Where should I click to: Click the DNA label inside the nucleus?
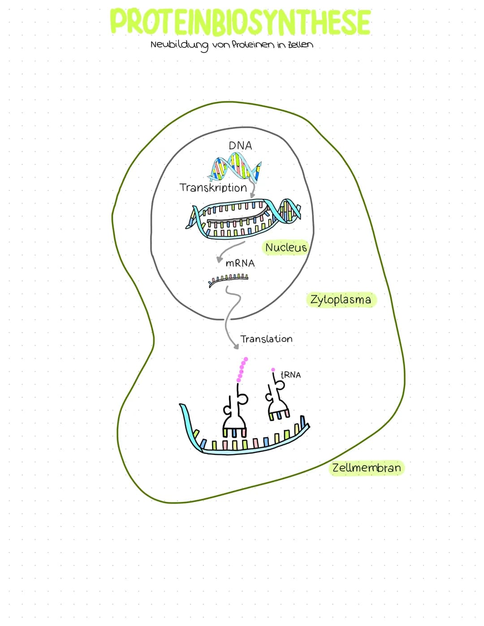[240, 146]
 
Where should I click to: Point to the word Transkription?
[213, 187]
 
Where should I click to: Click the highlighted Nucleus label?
[286, 247]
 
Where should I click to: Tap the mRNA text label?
[240, 263]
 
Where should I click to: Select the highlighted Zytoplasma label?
[341, 299]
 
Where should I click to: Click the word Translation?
[266, 339]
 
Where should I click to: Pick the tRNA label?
[290, 375]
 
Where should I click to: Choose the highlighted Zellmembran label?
[366, 468]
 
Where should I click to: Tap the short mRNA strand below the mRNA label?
[228, 279]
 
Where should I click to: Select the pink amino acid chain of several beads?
[242, 370]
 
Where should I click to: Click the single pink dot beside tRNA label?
[273, 370]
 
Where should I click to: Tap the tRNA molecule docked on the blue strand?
[234, 412]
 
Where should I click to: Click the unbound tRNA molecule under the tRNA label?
[277, 401]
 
